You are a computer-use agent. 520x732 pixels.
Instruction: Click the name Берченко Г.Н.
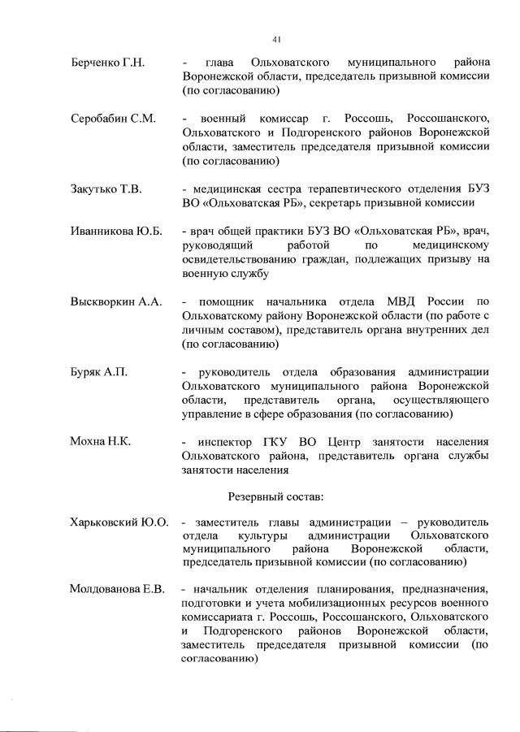(x=107, y=63)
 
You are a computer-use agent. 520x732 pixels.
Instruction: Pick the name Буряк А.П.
(x=97, y=372)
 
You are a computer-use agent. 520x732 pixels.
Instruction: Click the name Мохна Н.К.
(x=101, y=442)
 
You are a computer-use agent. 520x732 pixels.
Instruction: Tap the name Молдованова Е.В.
(x=118, y=590)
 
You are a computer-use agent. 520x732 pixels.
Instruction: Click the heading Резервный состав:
(x=274, y=494)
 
